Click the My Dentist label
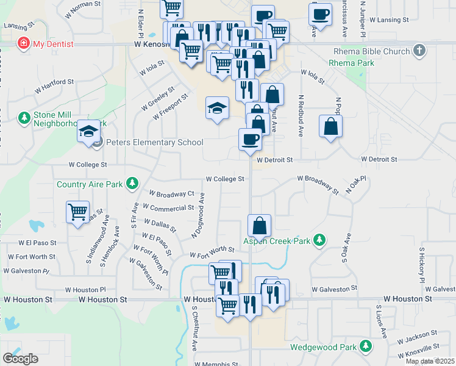click(53, 44)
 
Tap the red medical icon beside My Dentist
click(24, 44)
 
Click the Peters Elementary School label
click(155, 143)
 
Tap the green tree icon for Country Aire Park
click(132, 184)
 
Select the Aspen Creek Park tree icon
click(318, 241)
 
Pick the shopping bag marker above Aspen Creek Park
click(260, 226)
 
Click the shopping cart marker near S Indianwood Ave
click(78, 212)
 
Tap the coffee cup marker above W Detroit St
click(251, 140)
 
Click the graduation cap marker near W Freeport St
click(216, 109)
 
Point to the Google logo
click(21, 359)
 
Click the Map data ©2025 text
click(430, 361)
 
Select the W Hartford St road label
click(54, 85)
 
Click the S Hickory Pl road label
click(421, 264)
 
